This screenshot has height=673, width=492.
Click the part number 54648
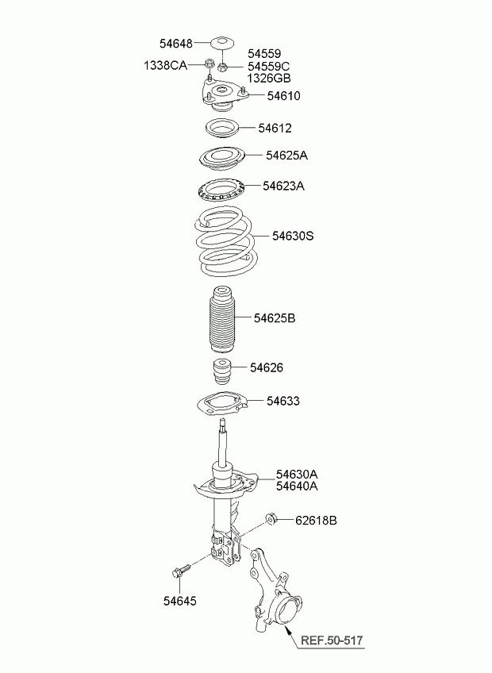[x=176, y=43]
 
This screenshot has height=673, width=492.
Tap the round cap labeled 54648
[x=222, y=43]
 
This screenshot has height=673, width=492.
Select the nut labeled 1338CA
[x=209, y=64]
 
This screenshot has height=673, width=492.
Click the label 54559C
[x=269, y=66]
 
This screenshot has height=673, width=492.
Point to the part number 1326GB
[x=269, y=78]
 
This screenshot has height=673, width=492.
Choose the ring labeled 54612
[x=221, y=129]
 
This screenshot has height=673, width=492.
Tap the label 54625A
[x=286, y=156]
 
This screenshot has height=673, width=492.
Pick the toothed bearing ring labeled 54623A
[x=221, y=190]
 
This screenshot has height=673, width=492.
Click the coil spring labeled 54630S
[x=224, y=241]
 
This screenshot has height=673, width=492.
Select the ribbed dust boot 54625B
[x=222, y=315]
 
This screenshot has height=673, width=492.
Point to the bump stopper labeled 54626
[x=222, y=370]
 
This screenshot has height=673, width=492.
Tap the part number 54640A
[x=297, y=486]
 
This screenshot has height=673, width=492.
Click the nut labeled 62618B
[x=271, y=518]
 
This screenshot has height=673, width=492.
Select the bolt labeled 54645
[x=181, y=570]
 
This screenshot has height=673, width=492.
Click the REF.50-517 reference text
[x=332, y=640]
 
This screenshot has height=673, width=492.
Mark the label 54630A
[x=297, y=475]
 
